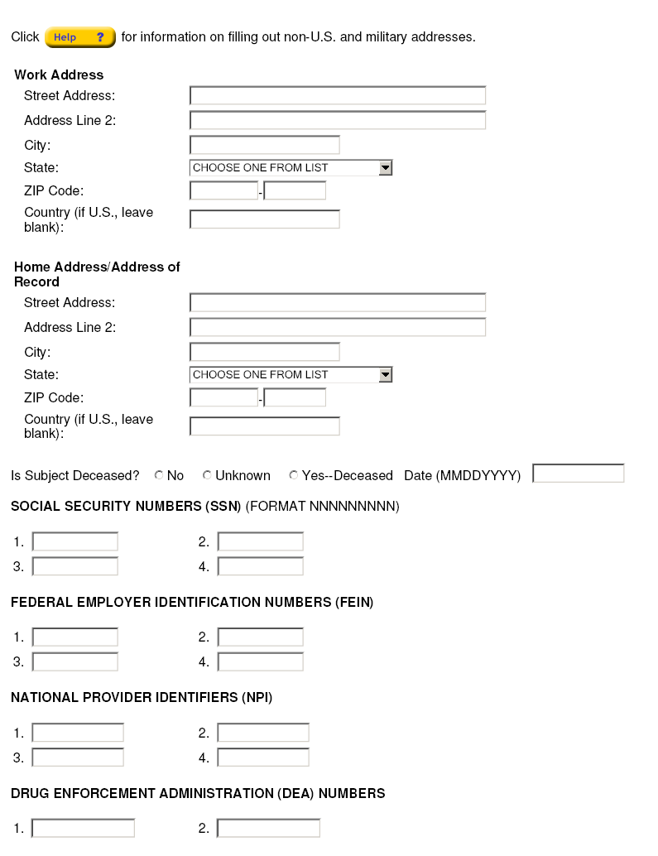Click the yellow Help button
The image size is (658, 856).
79,37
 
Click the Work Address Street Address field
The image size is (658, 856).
337,96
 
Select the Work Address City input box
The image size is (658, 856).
264,146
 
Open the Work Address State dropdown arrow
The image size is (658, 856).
385,168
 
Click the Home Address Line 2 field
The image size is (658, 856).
337,328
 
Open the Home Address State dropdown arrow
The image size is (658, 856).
385,375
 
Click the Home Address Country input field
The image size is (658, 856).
264,426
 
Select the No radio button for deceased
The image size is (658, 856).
159,475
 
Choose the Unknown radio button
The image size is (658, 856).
207,475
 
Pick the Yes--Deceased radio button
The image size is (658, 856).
294,475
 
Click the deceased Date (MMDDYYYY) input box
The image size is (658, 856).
578,474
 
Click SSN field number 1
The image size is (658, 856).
74,542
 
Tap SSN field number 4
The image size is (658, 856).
260,567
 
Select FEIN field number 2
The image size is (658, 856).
260,637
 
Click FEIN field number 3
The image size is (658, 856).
74,662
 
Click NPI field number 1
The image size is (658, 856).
77,733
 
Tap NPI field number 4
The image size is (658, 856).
262,757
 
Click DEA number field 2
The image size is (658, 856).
268,828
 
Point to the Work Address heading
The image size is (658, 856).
59,75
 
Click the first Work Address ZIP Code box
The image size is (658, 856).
223,191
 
